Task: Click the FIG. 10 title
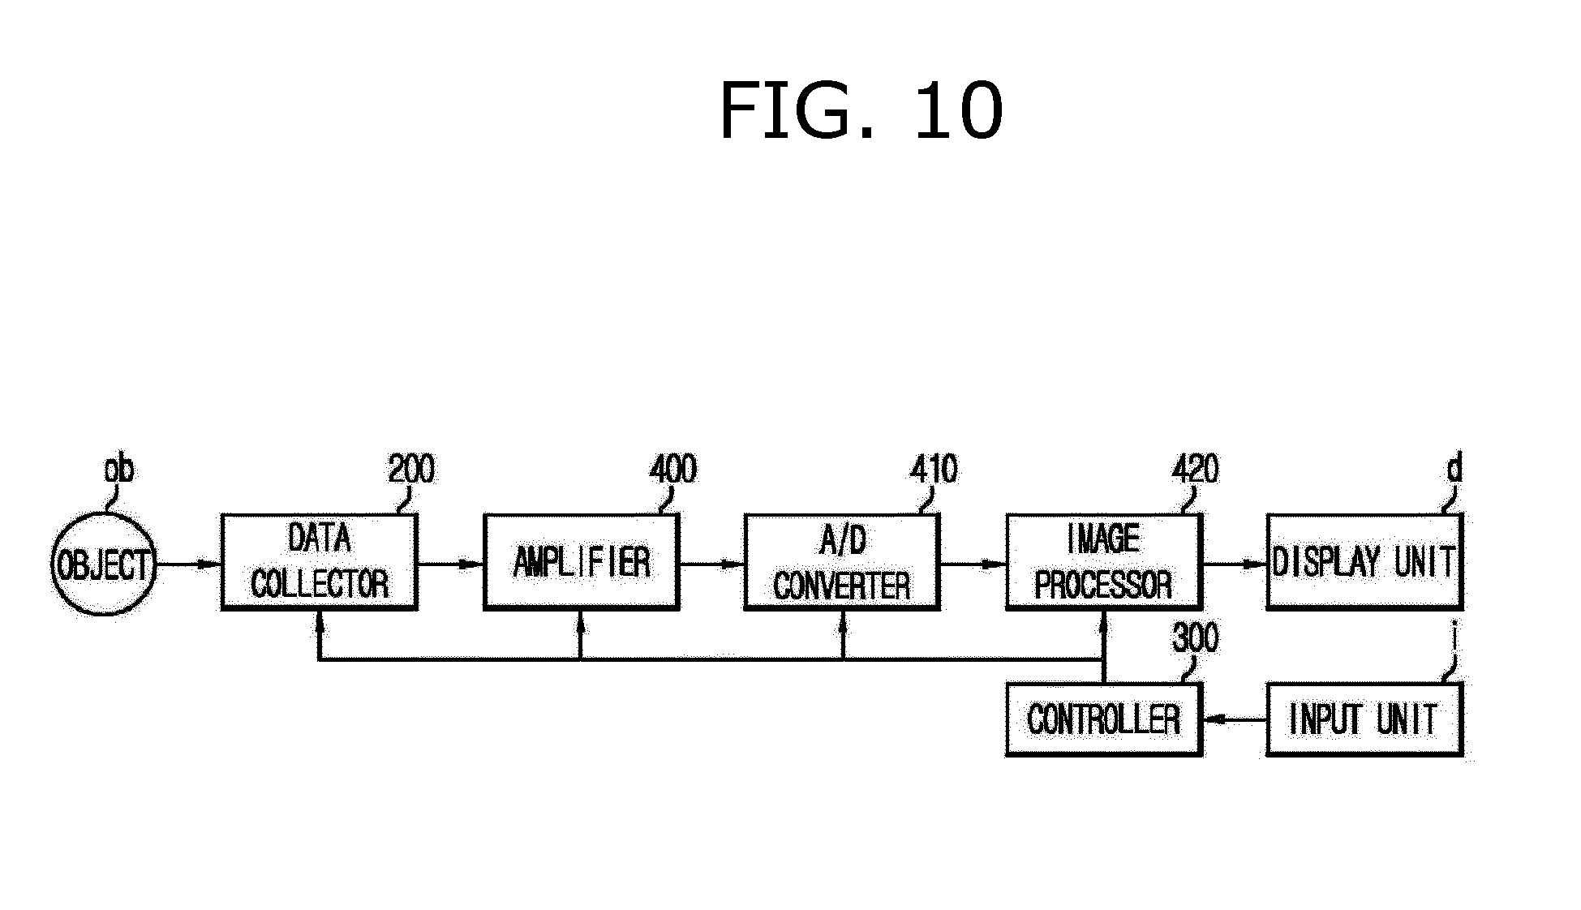[x=861, y=112]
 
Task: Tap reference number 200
[x=411, y=470]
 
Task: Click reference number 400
[x=672, y=470]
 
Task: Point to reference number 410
[x=934, y=470]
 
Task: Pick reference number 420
[x=1195, y=470]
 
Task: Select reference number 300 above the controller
[x=1195, y=639]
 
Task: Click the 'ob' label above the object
[x=119, y=470]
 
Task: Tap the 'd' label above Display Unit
[x=1454, y=469]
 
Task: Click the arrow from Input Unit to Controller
[x=1235, y=719]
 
